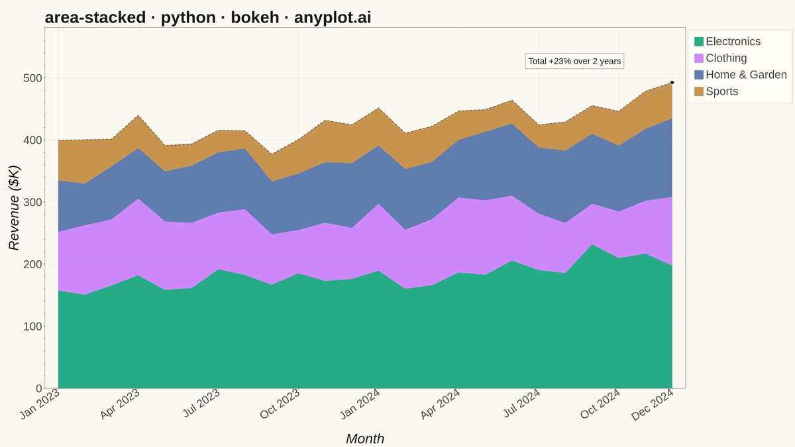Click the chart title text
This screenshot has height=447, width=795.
click(208, 17)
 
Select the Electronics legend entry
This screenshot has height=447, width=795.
click(727, 42)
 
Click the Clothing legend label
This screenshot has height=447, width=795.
click(726, 58)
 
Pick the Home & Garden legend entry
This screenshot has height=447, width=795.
click(741, 74)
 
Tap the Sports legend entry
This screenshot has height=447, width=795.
click(716, 91)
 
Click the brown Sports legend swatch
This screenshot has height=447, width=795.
click(699, 91)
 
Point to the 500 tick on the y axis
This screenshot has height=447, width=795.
click(32, 78)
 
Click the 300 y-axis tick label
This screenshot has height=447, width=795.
click(32, 202)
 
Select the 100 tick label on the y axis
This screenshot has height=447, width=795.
click(32, 326)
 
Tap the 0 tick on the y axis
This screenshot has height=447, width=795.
click(39, 389)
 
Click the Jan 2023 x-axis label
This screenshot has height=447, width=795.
click(39, 404)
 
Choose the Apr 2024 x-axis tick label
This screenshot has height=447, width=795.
click(440, 404)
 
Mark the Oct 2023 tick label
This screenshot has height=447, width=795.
click(280, 404)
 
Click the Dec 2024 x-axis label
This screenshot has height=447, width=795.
click(653, 405)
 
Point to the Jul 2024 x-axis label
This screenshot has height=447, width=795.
click(522, 403)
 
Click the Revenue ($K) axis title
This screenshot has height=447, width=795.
click(14, 208)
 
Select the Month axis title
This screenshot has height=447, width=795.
click(365, 439)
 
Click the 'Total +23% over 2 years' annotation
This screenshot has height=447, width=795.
click(574, 61)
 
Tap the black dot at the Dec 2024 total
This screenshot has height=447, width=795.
click(672, 83)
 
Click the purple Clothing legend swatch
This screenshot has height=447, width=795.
click(699, 58)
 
